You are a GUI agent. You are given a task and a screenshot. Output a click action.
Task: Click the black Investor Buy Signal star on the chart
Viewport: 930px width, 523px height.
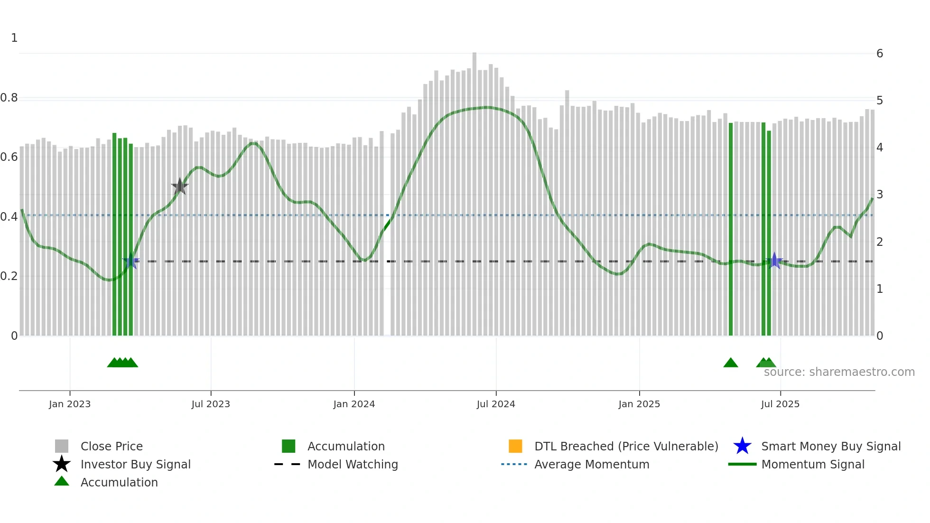click(180, 187)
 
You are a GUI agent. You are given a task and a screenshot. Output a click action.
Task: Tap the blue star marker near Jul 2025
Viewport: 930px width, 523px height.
click(774, 261)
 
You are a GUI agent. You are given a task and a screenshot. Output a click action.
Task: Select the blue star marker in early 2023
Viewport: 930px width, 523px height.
click(131, 261)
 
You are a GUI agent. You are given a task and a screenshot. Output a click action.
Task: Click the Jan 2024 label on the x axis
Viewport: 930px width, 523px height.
click(354, 404)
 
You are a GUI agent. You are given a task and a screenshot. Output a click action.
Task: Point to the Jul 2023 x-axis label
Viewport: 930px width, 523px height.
click(211, 404)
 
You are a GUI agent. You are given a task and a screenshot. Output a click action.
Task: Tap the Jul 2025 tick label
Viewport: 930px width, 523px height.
click(780, 404)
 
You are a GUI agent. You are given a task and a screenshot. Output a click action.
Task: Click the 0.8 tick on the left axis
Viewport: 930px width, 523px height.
click(9, 98)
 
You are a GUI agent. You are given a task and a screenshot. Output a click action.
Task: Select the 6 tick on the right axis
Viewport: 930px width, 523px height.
click(879, 54)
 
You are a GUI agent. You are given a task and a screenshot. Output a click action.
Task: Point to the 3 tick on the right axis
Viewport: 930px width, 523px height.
click(879, 195)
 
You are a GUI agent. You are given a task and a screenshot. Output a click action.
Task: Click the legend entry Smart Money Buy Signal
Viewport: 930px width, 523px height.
click(830, 446)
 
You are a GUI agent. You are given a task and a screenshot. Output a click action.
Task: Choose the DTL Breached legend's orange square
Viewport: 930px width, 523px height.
click(515, 446)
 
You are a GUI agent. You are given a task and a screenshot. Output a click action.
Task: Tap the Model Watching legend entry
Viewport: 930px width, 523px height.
click(352, 464)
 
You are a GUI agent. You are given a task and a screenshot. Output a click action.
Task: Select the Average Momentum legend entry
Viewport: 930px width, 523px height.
click(591, 464)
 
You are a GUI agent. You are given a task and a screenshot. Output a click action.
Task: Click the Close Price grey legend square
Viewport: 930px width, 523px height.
click(62, 446)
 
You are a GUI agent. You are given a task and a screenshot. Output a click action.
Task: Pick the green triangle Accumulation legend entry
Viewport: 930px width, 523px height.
click(119, 482)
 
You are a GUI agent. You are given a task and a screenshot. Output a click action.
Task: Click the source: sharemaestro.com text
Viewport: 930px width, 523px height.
click(839, 372)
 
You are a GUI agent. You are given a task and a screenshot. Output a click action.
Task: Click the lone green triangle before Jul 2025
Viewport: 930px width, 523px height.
click(731, 363)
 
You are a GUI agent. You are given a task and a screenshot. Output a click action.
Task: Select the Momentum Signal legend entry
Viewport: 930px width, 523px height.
click(812, 464)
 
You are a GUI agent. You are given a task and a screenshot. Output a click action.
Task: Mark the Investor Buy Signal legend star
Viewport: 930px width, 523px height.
click(62, 464)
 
